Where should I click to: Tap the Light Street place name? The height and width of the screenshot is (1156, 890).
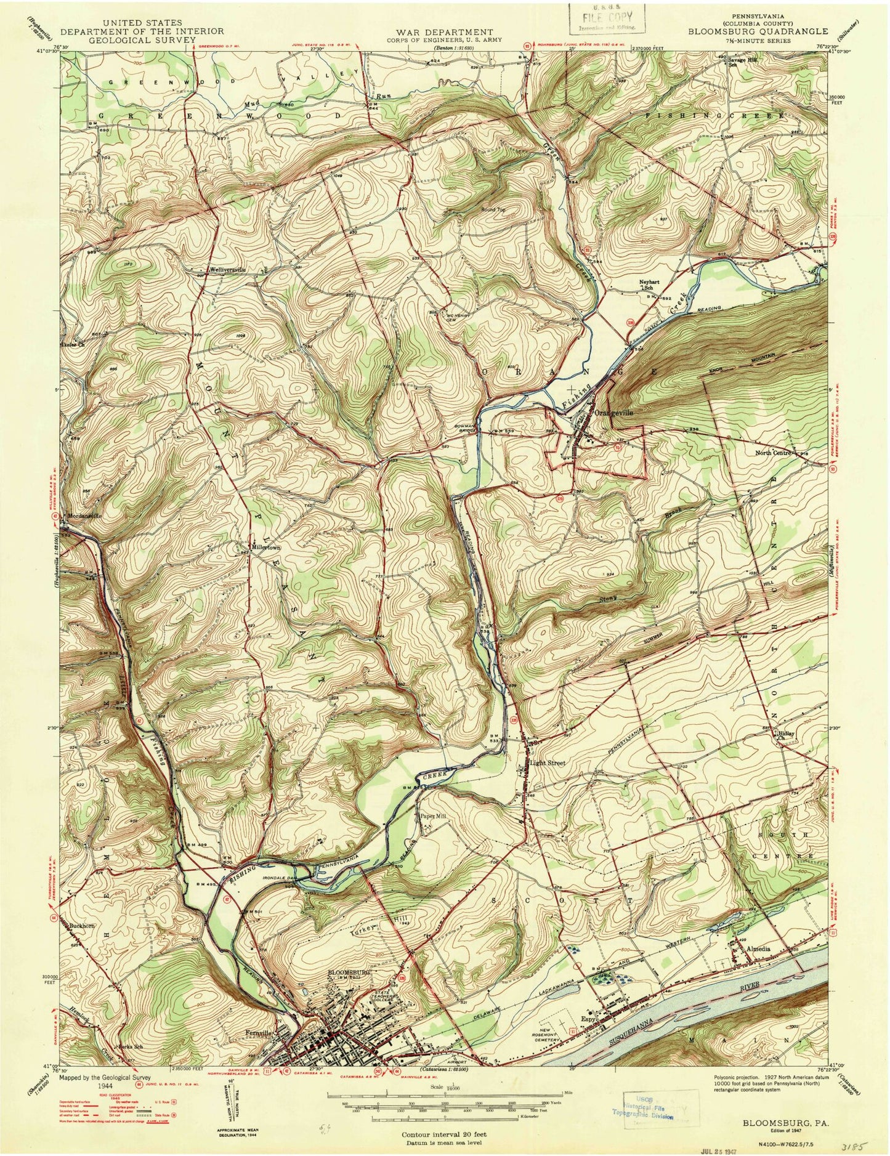548,763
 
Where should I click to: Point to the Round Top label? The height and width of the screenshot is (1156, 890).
493,210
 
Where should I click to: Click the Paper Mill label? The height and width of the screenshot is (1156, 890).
432,816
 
